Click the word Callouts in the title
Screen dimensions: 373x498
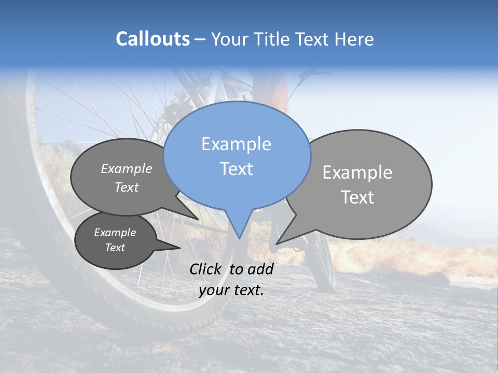pyautogui.click(x=153, y=39)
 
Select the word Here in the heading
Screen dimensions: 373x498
pyautogui.click(x=355, y=39)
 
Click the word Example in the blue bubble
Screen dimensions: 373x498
pyautogui.click(x=236, y=144)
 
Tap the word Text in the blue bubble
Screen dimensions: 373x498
pyautogui.click(x=236, y=169)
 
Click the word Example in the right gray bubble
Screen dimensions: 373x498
pyautogui.click(x=357, y=173)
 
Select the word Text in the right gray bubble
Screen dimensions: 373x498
pyautogui.click(x=357, y=197)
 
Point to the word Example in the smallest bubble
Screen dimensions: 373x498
pyautogui.click(x=115, y=233)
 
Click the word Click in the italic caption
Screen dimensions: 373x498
pyautogui.click(x=206, y=269)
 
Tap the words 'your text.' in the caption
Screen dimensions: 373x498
pyautogui.click(x=231, y=290)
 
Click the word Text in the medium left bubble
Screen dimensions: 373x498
pyautogui.click(x=127, y=187)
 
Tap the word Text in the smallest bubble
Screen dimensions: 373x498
pyautogui.click(x=115, y=248)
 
